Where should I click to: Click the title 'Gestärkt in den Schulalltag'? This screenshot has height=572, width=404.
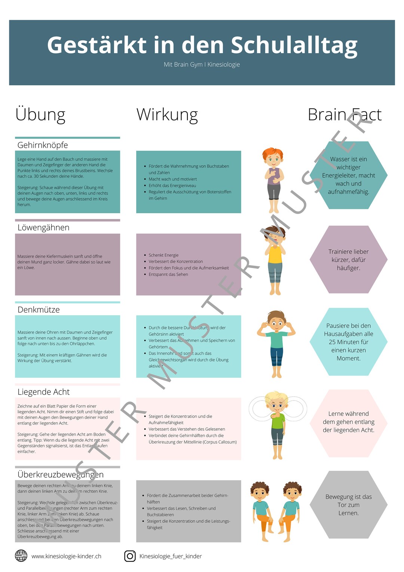[x=202, y=45]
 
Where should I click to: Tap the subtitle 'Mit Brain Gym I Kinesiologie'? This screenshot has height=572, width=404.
[x=202, y=64]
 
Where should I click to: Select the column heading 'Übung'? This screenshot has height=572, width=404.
[x=40, y=115]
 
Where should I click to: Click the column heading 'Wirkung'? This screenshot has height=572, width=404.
[x=167, y=115]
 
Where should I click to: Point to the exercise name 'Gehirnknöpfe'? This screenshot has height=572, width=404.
[x=43, y=145]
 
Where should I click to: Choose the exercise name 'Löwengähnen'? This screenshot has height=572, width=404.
[x=43, y=228]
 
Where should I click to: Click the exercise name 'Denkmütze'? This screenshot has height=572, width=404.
[x=39, y=310]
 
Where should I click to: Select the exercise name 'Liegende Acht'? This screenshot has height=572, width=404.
[x=43, y=392]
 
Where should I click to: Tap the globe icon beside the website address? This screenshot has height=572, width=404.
[x=21, y=556]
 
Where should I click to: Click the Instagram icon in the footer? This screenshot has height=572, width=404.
[x=130, y=556]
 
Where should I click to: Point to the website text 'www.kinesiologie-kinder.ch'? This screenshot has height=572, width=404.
[x=66, y=556]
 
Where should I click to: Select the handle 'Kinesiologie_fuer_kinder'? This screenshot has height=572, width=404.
[x=171, y=556]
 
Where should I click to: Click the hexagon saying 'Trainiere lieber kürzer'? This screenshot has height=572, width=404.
[x=348, y=259]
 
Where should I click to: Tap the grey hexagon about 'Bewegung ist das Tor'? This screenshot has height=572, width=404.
[x=348, y=505]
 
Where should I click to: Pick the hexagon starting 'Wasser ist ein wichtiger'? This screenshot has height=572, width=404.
[x=348, y=175]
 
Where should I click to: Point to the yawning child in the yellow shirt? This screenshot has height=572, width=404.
[x=275, y=262]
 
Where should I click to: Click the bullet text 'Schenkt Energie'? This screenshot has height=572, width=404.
[x=163, y=255]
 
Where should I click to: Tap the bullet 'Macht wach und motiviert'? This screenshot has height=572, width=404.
[x=172, y=179]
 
